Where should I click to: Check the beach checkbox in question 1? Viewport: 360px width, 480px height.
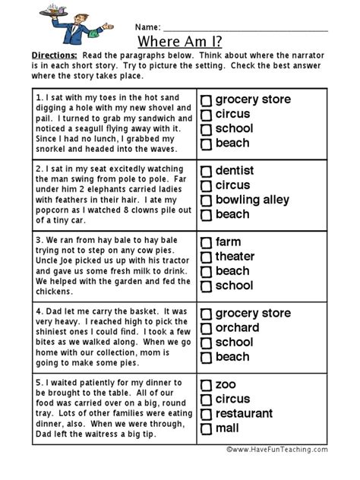point(206,144)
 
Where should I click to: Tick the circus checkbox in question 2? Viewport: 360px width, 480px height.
point(206,186)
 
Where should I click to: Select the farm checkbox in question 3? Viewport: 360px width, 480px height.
point(206,243)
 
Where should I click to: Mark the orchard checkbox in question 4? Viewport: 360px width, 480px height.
point(206,329)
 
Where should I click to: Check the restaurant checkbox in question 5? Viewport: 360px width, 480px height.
point(206,415)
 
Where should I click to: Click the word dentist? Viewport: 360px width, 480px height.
point(235,171)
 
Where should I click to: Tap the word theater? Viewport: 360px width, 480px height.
point(235,257)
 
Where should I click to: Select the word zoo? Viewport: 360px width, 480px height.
point(226,385)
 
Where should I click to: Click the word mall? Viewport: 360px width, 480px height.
point(228,428)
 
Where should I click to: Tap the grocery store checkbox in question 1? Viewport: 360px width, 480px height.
point(206,100)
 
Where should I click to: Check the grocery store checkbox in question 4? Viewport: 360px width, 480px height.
point(206,314)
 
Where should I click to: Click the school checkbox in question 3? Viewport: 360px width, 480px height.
point(206,286)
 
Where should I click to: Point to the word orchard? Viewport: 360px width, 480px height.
point(237,328)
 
